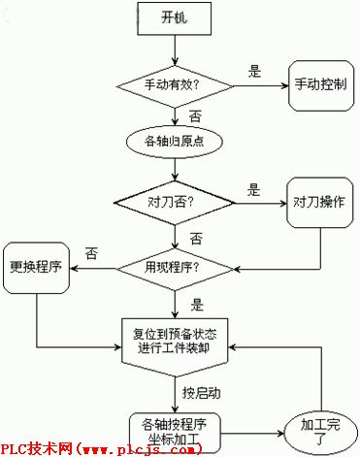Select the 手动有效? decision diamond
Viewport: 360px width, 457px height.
174,85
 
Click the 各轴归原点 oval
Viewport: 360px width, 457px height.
175,144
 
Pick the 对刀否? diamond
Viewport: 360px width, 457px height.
175,205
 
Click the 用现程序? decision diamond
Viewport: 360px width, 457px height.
175,265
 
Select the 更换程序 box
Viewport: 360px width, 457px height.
36,265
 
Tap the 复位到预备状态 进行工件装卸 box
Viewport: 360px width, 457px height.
176,341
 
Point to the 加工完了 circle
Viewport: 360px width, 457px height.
320,431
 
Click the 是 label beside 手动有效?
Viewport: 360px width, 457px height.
255,70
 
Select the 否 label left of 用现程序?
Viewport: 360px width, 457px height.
91,252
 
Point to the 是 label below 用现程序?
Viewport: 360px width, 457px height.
197,302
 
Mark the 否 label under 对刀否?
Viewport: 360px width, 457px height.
196,237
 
